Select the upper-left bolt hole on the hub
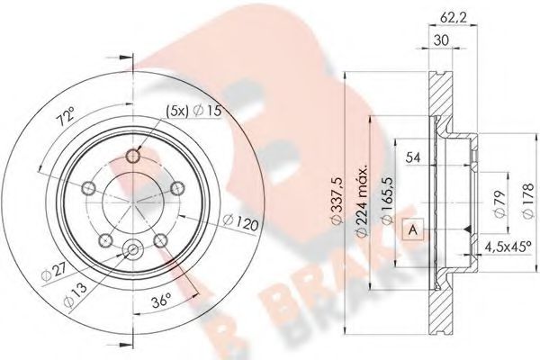click(x=90, y=188)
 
